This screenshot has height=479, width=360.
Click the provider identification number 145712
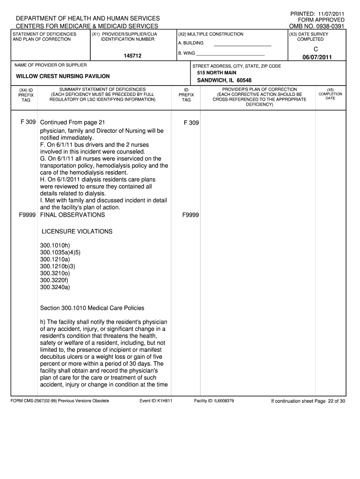(x=133, y=56)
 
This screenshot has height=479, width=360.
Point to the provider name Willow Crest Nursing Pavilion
(x=63, y=76)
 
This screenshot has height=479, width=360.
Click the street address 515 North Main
(x=216, y=73)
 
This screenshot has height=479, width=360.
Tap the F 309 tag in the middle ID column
(x=191, y=123)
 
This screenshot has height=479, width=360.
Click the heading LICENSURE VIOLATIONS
(x=77, y=232)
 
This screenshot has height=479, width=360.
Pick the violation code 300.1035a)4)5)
(x=60, y=252)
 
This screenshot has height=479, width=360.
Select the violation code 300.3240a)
(x=55, y=287)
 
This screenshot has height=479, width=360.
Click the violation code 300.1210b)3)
(x=58, y=266)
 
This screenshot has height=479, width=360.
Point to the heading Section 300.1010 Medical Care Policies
(x=92, y=308)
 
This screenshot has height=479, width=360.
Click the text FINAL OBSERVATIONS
(x=72, y=215)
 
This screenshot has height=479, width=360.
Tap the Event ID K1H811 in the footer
(x=156, y=401)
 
